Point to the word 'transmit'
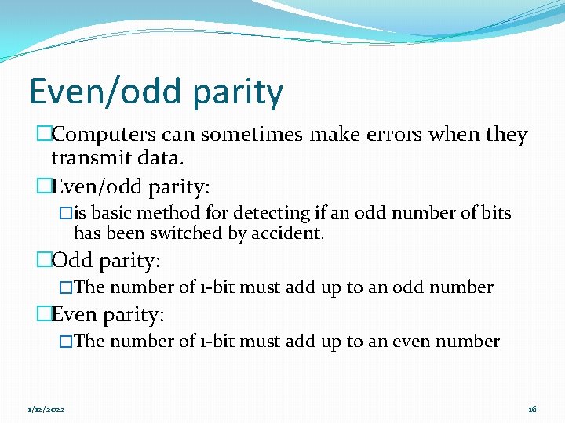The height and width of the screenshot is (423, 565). pyautogui.click(x=86, y=159)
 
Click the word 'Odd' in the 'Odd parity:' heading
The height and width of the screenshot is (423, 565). pyautogui.click(x=71, y=261)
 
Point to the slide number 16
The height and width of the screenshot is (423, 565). pyautogui.click(x=532, y=410)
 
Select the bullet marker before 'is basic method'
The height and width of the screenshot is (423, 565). pyautogui.click(x=66, y=213)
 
